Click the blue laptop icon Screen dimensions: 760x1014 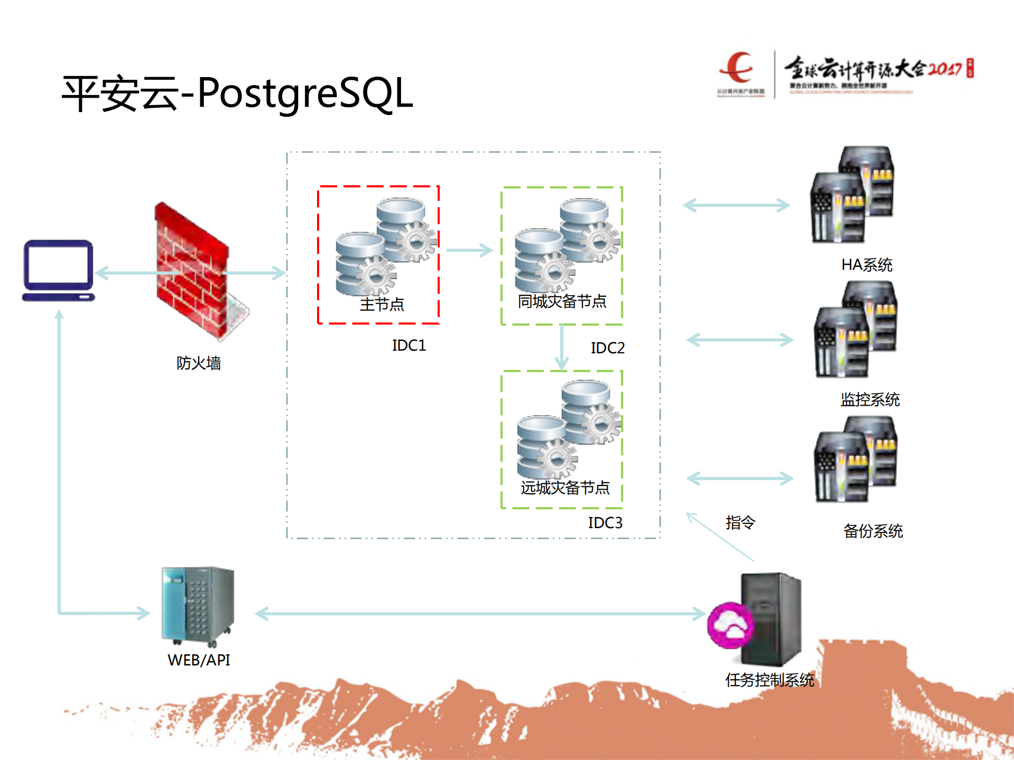pos(58,270)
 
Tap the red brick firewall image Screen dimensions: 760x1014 pos(193,269)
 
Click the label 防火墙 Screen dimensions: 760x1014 pos(198,363)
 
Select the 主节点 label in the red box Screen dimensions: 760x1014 pos(382,304)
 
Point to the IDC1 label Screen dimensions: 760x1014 pos(408,345)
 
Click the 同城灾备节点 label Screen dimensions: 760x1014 pos(562,302)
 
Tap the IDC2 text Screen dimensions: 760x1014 pos(607,348)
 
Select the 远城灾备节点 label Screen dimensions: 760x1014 pos(565,487)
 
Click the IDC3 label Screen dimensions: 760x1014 pos(605,523)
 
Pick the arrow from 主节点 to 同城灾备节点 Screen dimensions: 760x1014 pos(469,250)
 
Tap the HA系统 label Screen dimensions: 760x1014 pos(867,265)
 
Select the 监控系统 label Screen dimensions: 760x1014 pos(870,400)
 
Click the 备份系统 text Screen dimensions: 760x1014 pos(873,531)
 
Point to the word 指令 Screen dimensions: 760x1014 pos(740,522)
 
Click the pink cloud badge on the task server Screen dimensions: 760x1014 pos(730,625)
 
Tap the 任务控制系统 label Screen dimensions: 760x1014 pos(769,680)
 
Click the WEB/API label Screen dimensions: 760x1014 pos(199,660)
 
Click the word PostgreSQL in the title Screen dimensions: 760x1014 pos(305,93)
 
